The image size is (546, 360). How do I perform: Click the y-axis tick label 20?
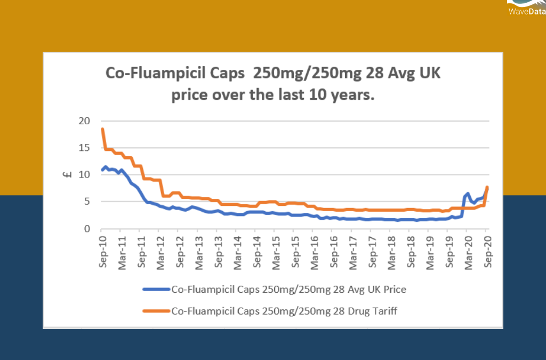pyautogui.click(x=85, y=121)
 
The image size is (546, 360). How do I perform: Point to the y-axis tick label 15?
pyautogui.click(x=85, y=148)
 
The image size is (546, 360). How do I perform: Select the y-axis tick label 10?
pyautogui.click(x=85, y=175)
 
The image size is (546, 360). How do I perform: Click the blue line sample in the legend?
pyautogui.click(x=156, y=290)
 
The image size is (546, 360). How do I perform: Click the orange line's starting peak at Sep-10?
pyautogui.click(x=102, y=130)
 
